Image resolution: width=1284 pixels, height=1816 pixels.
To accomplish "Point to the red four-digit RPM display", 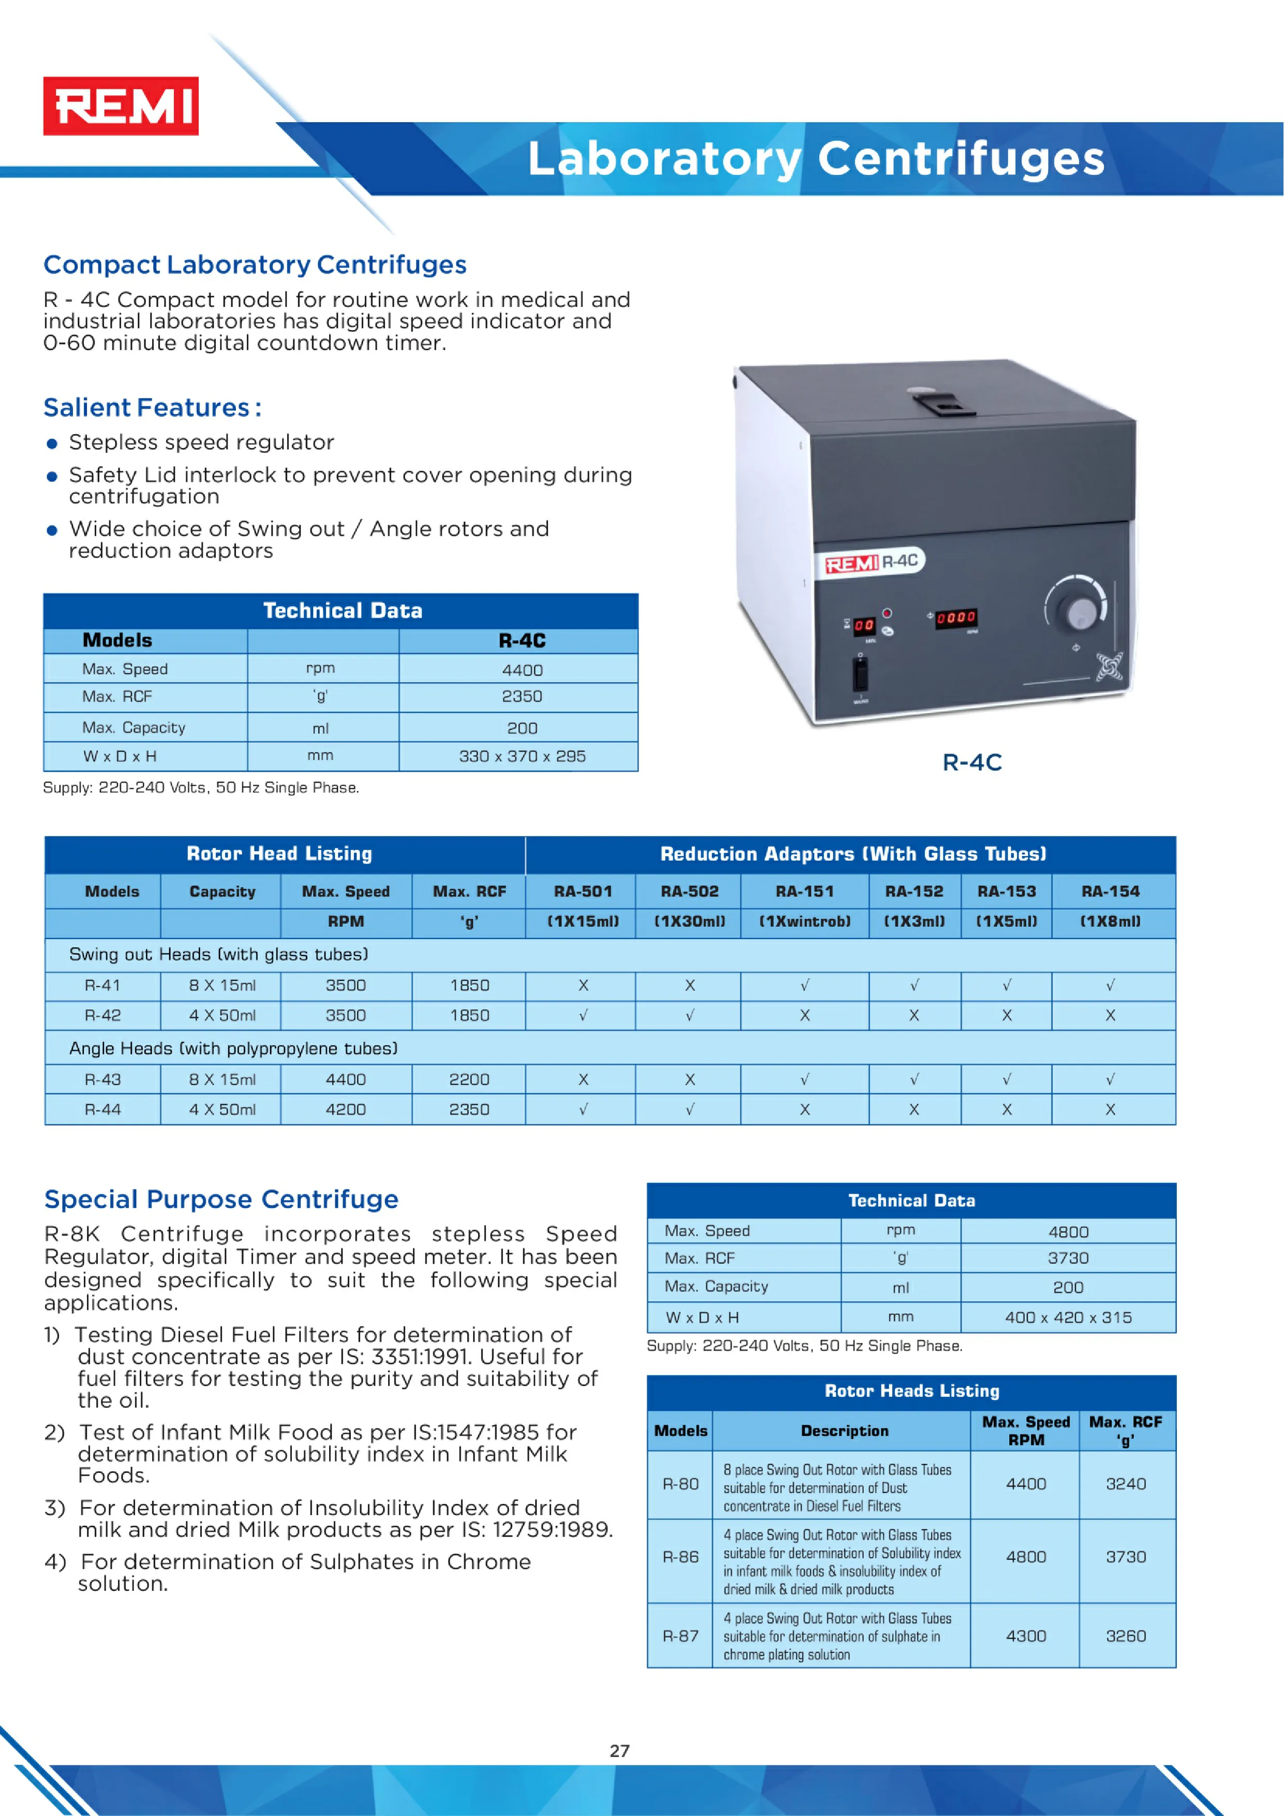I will pos(956,617).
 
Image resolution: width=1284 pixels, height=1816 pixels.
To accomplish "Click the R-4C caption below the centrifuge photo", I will pos(972,763).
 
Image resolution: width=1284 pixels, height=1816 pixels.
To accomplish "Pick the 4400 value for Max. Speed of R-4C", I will pos(522,670).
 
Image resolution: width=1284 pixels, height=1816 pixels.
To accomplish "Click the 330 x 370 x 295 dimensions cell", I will pos(522,756).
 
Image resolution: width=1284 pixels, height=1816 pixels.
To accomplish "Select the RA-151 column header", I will pos(804,891).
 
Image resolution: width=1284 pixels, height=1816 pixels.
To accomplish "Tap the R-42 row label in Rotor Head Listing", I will pos(103,1016).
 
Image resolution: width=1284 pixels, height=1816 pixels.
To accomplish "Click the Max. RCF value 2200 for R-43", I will pos(469,1080).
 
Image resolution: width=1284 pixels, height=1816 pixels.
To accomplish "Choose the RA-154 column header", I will pos(1110,891).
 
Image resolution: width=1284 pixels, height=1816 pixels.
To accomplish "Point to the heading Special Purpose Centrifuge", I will pos(222,1199).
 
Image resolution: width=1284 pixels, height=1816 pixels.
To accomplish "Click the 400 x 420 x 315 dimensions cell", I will pos(1068,1317).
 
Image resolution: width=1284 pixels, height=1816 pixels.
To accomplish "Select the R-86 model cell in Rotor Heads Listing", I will pos(680,1557).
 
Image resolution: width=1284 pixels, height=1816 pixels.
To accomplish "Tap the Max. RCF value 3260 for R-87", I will pos(1125,1636).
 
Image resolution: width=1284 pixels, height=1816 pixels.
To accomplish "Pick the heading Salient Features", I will pos(152,407).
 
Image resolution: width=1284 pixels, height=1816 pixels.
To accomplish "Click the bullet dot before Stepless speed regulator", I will pos(52,444).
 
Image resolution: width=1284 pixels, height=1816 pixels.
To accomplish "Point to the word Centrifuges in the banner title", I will pos(961,159).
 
